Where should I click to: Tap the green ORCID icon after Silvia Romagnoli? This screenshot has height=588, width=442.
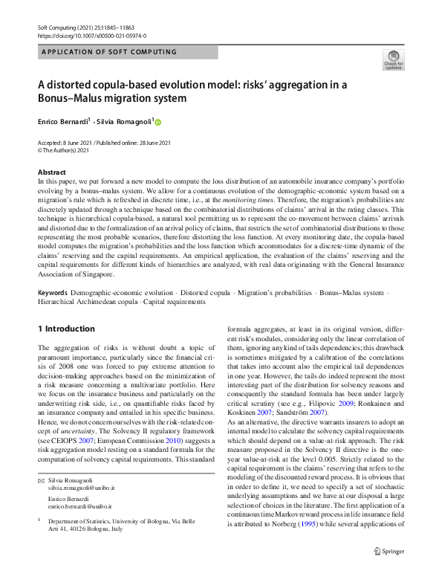pyautogui.click(x=157, y=121)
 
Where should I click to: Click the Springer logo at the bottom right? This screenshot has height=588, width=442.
pyautogui.click(x=389, y=571)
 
